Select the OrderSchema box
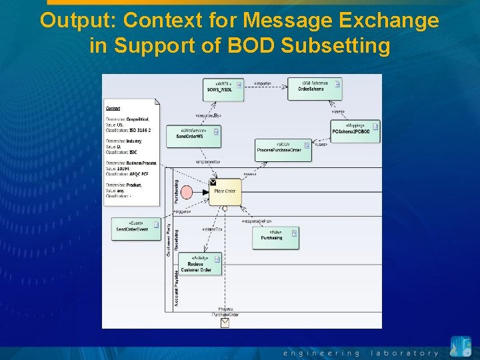tap(315, 89)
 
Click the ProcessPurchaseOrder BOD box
tap(283, 149)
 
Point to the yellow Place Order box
tap(225, 192)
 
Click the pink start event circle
tap(187, 192)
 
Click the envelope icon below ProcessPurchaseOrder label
tap(225, 323)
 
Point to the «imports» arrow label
tap(263, 85)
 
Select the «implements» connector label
tap(208, 162)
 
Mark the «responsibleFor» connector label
tap(256, 221)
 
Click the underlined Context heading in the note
tap(113, 108)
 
